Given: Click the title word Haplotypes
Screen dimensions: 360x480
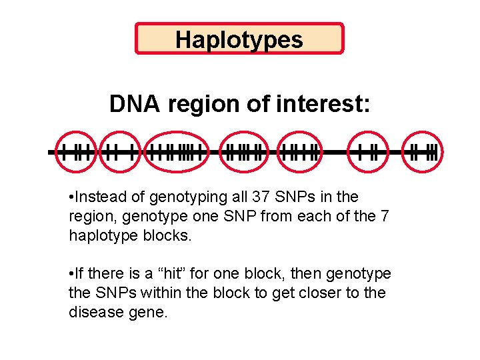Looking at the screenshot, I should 239,39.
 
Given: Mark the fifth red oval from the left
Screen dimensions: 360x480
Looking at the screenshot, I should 300,153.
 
